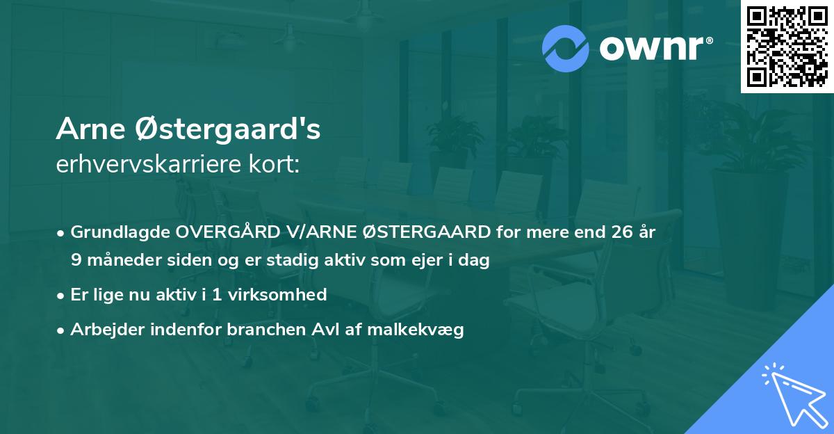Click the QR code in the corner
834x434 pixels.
pyautogui.click(x=787, y=47)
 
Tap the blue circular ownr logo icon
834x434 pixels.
pyautogui.click(x=566, y=48)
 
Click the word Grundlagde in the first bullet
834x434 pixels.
pyautogui.click(x=115, y=231)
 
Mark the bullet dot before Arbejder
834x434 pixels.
pyautogui.click(x=62, y=330)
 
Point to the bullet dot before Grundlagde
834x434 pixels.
pyautogui.click(x=62, y=232)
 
